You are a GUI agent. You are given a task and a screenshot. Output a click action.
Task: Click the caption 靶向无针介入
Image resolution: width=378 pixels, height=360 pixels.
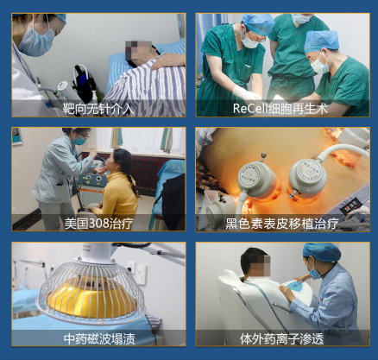pyautogui.click(x=98, y=109)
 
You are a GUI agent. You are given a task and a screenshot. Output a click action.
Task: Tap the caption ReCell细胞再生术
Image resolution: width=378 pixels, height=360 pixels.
pyautogui.click(x=280, y=109)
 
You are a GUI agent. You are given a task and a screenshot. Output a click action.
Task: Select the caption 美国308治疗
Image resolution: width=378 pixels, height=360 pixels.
pyautogui.click(x=98, y=224)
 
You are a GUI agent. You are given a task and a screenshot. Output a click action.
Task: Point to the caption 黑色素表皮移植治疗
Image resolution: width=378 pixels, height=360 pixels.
pyautogui.click(x=281, y=224)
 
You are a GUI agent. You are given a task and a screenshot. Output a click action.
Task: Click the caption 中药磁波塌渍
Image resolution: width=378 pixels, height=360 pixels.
pyautogui.click(x=99, y=338)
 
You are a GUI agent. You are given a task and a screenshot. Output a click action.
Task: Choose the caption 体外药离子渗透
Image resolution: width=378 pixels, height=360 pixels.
pyautogui.click(x=282, y=338)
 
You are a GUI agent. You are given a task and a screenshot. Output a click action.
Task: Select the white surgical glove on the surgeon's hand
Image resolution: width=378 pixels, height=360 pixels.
pyautogui.click(x=244, y=92)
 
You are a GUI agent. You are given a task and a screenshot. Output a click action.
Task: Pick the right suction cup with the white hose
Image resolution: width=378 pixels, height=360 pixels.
pyautogui.click(x=307, y=178)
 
